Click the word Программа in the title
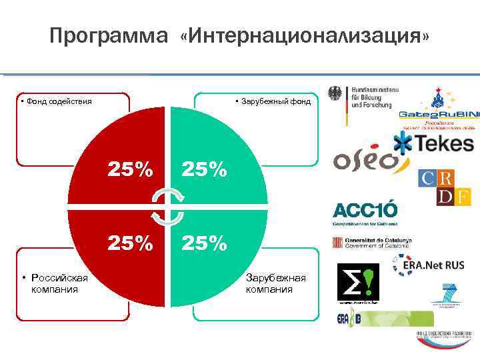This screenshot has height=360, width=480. click(109, 37)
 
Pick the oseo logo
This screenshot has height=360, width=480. click(364, 160)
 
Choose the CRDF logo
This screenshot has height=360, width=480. click(437, 187)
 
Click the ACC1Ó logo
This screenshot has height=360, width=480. click(365, 211)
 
